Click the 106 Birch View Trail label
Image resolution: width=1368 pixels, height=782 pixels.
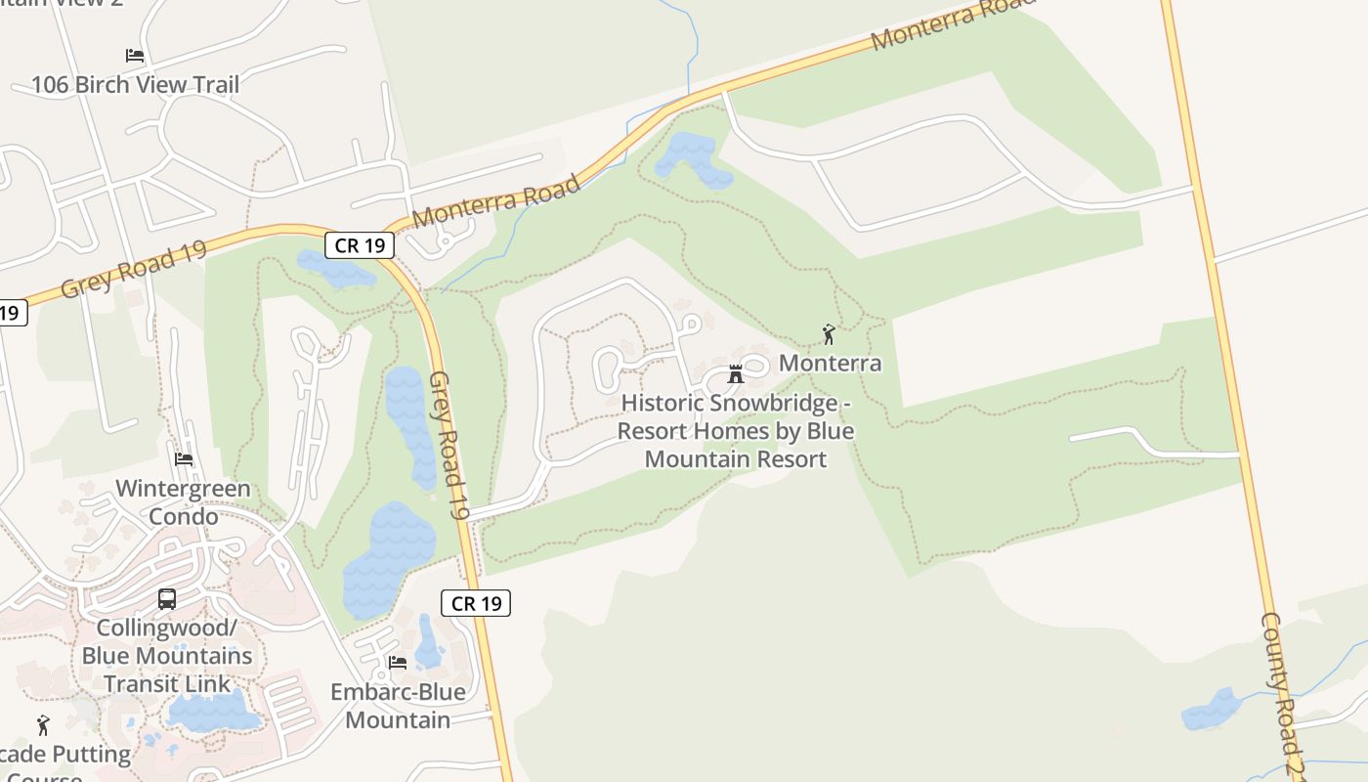click(135, 85)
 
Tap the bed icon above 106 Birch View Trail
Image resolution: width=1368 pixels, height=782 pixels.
click(135, 56)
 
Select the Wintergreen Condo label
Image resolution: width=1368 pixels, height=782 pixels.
click(183, 502)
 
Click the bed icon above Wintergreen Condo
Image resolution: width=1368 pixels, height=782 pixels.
click(184, 459)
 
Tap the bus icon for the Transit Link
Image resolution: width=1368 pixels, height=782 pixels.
click(167, 598)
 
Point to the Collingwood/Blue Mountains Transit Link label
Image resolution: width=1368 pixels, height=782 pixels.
click(167, 655)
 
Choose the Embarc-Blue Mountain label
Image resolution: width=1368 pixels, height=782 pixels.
click(398, 706)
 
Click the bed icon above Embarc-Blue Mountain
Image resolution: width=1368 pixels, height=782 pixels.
click(398, 663)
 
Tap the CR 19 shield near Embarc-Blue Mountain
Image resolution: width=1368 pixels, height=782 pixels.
click(477, 603)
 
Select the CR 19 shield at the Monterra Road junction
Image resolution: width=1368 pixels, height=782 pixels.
click(360, 244)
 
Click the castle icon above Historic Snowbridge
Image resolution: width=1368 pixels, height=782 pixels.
click(736, 374)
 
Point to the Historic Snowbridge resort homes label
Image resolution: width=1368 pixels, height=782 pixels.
click(736, 431)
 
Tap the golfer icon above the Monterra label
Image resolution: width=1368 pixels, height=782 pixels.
click(829, 334)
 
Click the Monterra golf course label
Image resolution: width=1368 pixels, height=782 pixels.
click(830, 364)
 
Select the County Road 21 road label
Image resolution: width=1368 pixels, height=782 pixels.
click(1281, 694)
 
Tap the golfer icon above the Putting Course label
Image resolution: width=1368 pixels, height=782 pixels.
click(43, 725)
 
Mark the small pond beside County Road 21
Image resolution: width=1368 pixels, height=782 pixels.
click(1212, 711)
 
